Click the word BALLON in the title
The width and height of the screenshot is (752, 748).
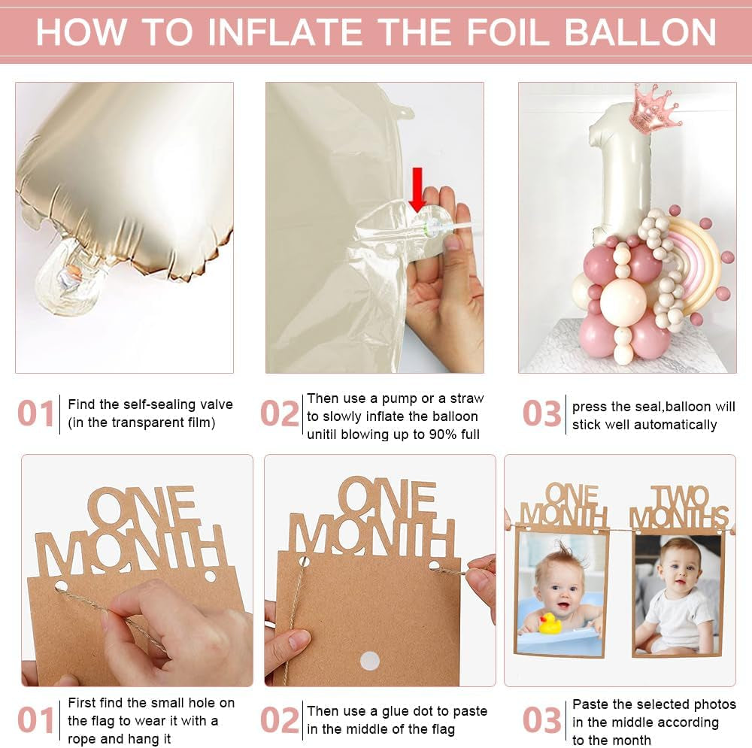640,32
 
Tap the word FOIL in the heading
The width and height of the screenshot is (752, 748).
508,32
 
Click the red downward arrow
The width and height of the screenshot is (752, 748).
417,189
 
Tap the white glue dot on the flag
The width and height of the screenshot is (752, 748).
369,661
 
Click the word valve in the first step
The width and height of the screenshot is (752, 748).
217,404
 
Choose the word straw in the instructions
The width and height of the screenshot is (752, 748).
467,398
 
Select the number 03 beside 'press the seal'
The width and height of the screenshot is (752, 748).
542,413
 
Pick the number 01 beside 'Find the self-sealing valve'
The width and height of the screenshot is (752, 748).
35,413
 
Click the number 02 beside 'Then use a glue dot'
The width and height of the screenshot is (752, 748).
280,720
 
